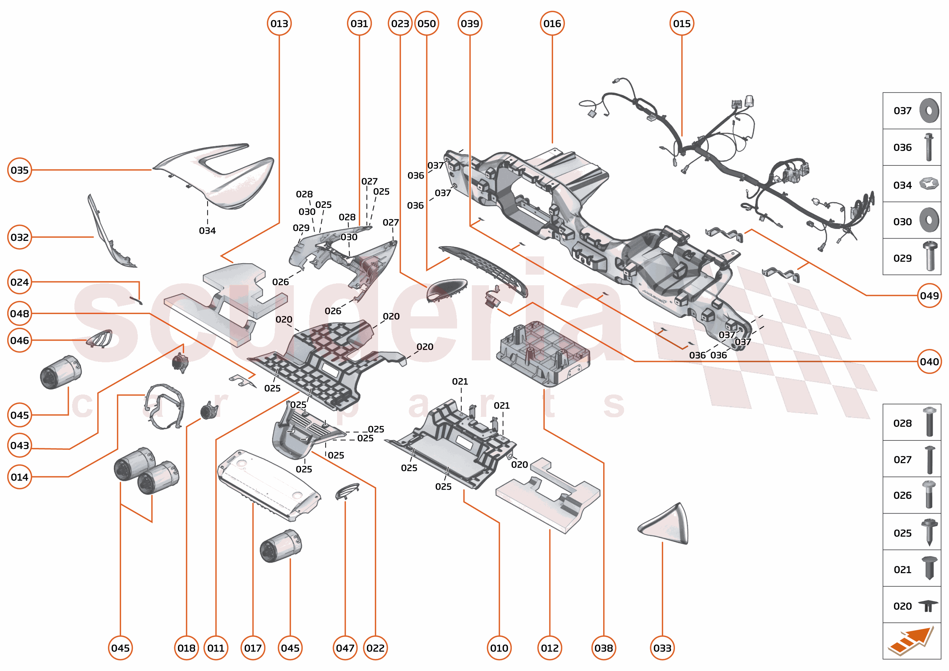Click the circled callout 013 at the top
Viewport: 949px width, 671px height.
click(279, 24)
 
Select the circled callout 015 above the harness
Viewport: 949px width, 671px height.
click(681, 24)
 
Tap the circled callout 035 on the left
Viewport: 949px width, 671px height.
click(19, 170)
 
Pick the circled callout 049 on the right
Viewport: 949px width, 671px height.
click(929, 295)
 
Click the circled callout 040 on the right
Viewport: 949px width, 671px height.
click(929, 361)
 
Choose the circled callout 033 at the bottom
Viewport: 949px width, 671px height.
click(662, 648)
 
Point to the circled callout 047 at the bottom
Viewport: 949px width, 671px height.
click(345, 648)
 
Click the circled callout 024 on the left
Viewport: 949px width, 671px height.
click(19, 282)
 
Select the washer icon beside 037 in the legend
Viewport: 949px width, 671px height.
click(929, 111)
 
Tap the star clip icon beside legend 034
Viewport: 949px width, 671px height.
click(929, 184)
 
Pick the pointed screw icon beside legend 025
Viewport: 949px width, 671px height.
click(929, 532)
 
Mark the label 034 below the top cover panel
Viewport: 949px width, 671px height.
click(207, 231)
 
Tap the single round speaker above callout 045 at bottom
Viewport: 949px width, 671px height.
click(281, 546)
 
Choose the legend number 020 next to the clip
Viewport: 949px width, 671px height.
click(902, 606)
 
